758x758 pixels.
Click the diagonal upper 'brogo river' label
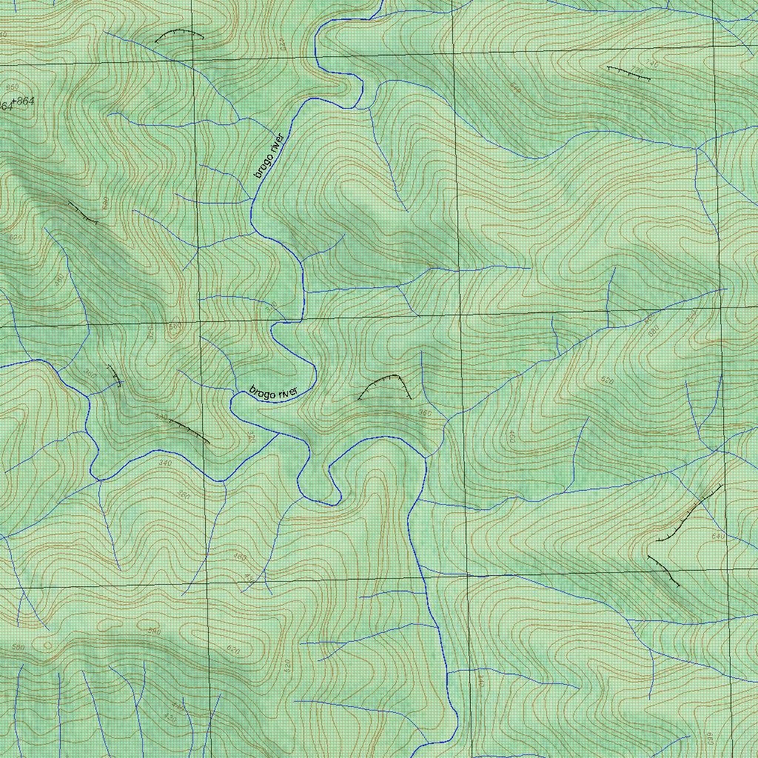click(x=269, y=156)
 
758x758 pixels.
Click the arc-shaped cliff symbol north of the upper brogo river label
click(x=179, y=35)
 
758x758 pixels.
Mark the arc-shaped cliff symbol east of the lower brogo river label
click(x=385, y=386)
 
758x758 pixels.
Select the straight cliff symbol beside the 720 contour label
click(x=628, y=73)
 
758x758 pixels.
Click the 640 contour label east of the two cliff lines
click(x=717, y=535)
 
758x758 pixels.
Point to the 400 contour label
click(x=510, y=437)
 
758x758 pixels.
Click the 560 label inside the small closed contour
click(x=175, y=327)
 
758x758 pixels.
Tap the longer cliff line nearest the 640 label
click(x=688, y=513)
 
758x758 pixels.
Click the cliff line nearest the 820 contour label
click(x=83, y=212)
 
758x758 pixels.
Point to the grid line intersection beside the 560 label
click(x=198, y=323)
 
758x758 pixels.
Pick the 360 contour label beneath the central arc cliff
click(x=425, y=412)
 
